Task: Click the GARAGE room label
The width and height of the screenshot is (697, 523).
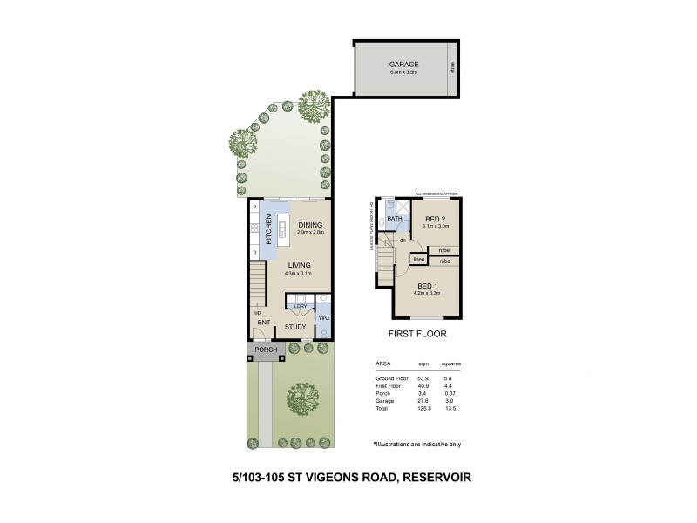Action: click(403, 64)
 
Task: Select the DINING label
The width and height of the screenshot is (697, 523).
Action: click(309, 225)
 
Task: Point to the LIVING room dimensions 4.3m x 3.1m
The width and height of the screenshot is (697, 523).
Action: click(297, 274)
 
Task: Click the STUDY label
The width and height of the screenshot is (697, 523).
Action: click(296, 329)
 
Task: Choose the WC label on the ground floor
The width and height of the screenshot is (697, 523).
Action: click(322, 318)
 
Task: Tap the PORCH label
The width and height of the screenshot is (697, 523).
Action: click(266, 350)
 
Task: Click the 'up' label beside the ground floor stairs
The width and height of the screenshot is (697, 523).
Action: click(257, 312)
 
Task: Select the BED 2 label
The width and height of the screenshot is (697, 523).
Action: click(436, 218)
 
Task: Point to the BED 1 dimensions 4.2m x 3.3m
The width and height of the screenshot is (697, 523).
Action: click(428, 294)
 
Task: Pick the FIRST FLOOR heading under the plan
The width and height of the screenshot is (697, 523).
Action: click(416, 334)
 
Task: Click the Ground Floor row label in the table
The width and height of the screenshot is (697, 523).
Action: click(391, 379)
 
